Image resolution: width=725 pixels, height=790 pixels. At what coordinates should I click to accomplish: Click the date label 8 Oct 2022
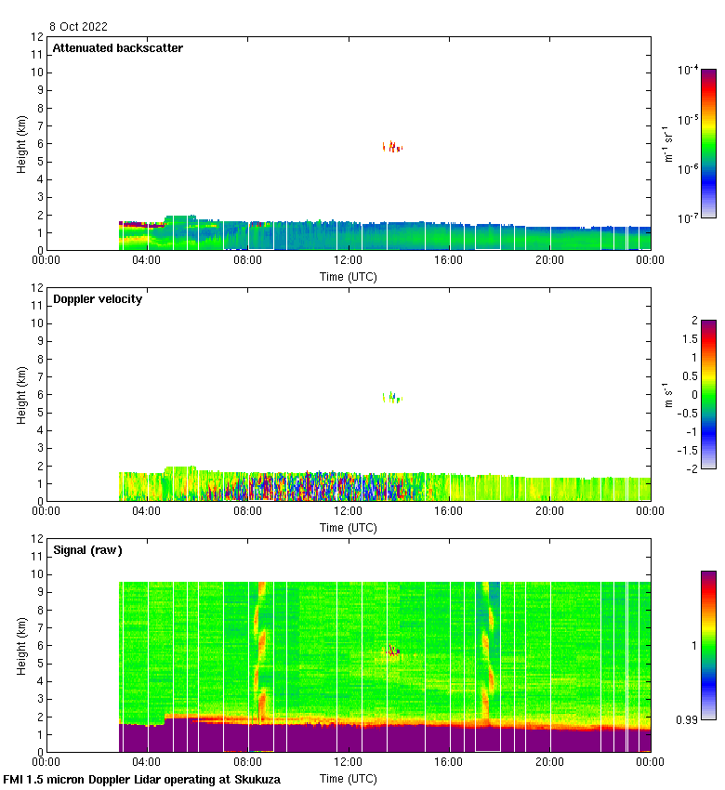[x=80, y=27]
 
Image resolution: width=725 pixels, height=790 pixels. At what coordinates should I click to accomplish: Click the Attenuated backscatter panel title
[x=117, y=48]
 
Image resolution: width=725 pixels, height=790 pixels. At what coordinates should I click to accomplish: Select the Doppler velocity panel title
[x=98, y=299]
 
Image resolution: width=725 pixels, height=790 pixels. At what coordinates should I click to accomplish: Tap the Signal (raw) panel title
[x=87, y=550]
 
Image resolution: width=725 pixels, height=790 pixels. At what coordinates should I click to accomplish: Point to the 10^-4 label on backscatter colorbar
[x=689, y=70]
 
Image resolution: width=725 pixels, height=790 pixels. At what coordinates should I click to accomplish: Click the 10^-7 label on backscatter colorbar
[x=689, y=217]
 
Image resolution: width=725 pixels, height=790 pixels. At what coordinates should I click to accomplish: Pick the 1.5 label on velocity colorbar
[x=689, y=339]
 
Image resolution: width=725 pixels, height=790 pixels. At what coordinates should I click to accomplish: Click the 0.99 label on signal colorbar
[x=689, y=719]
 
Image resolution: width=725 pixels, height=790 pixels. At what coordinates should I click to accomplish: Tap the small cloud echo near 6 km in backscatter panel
[x=393, y=146]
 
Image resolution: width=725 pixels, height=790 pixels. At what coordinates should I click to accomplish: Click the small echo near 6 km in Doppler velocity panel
[x=393, y=397]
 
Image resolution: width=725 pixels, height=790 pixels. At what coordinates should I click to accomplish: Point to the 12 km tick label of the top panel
[x=37, y=37]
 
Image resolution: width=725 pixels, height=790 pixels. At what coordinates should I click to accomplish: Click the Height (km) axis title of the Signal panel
[x=21, y=645]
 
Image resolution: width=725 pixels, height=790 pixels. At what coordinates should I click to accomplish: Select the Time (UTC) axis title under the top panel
[x=349, y=276]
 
